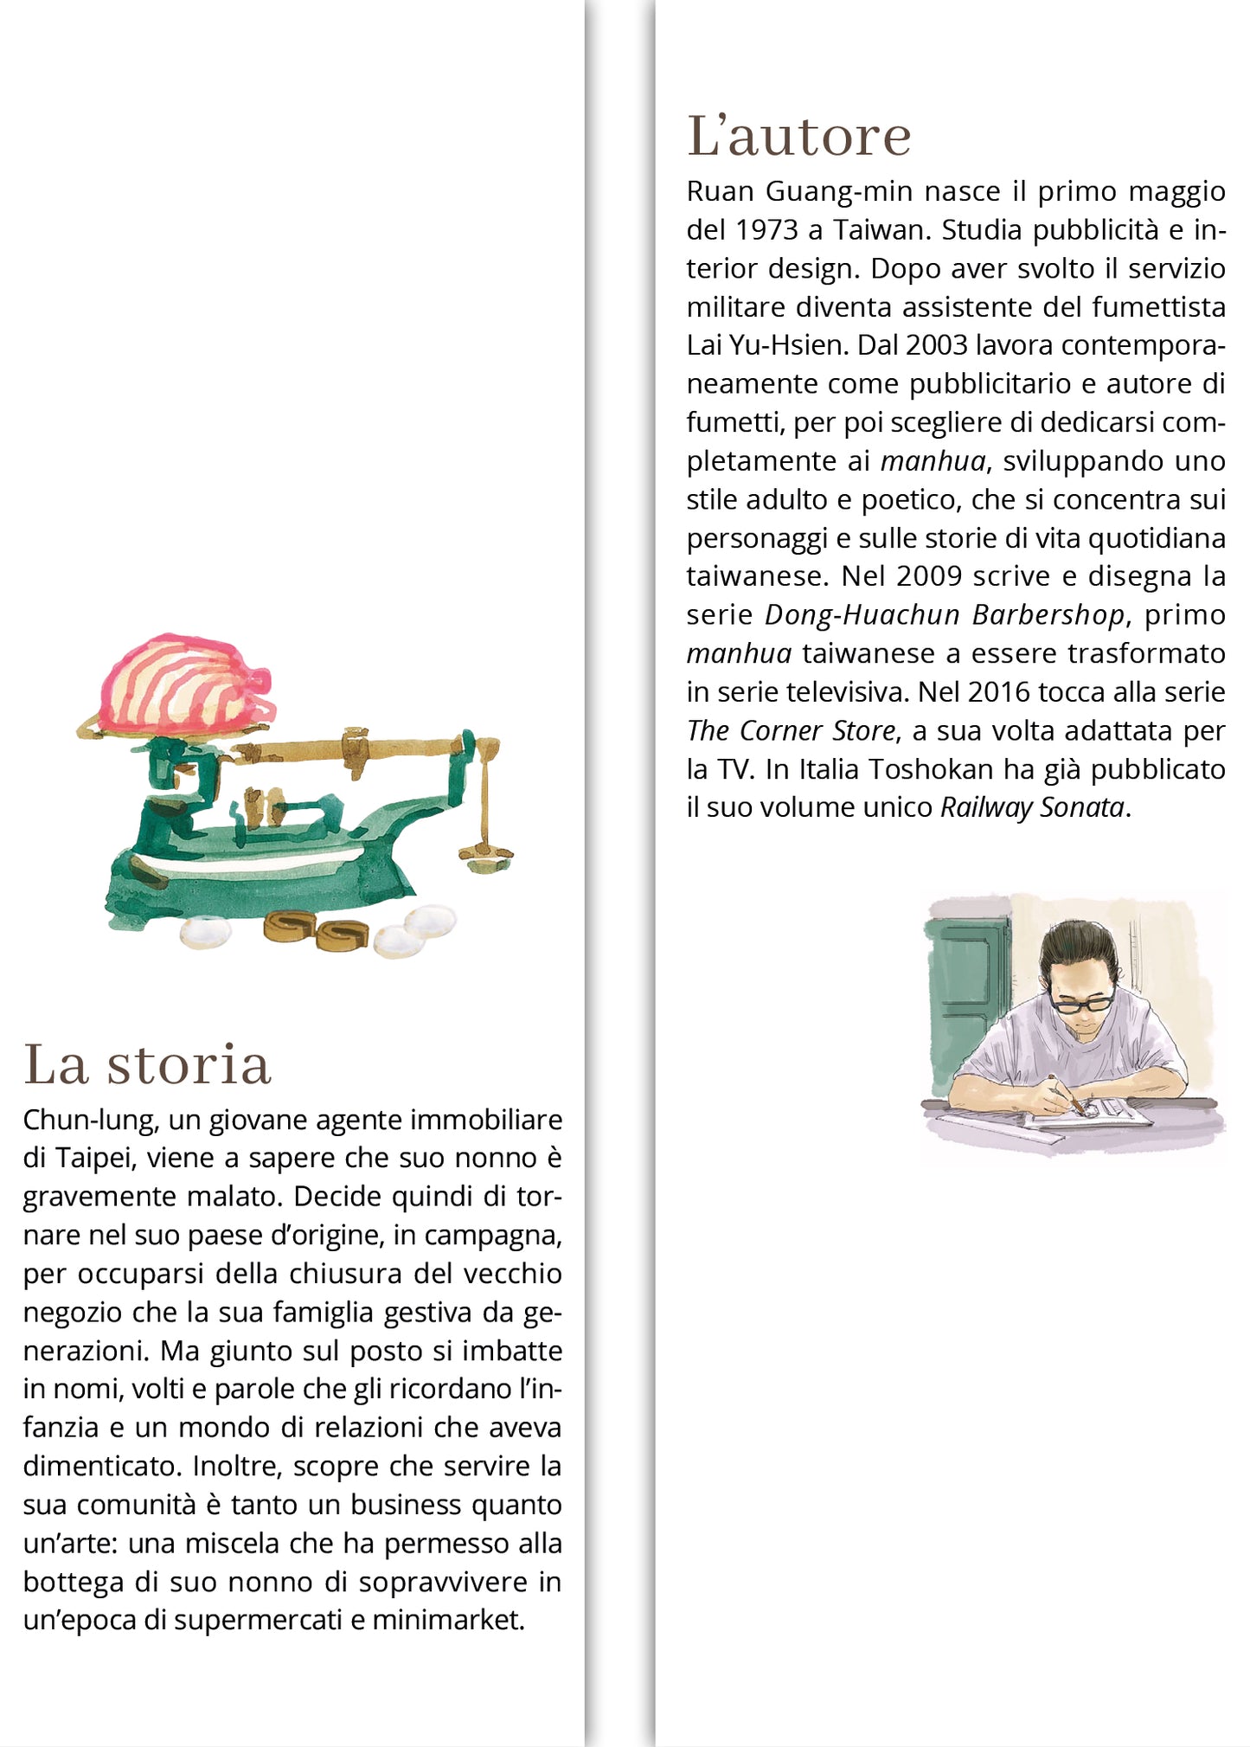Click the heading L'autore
[x=798, y=137]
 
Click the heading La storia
[x=147, y=1064]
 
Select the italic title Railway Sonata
[x=1032, y=807]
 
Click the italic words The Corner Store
[x=791, y=731]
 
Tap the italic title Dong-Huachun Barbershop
[x=945, y=615]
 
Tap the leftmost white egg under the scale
[x=206, y=932]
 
